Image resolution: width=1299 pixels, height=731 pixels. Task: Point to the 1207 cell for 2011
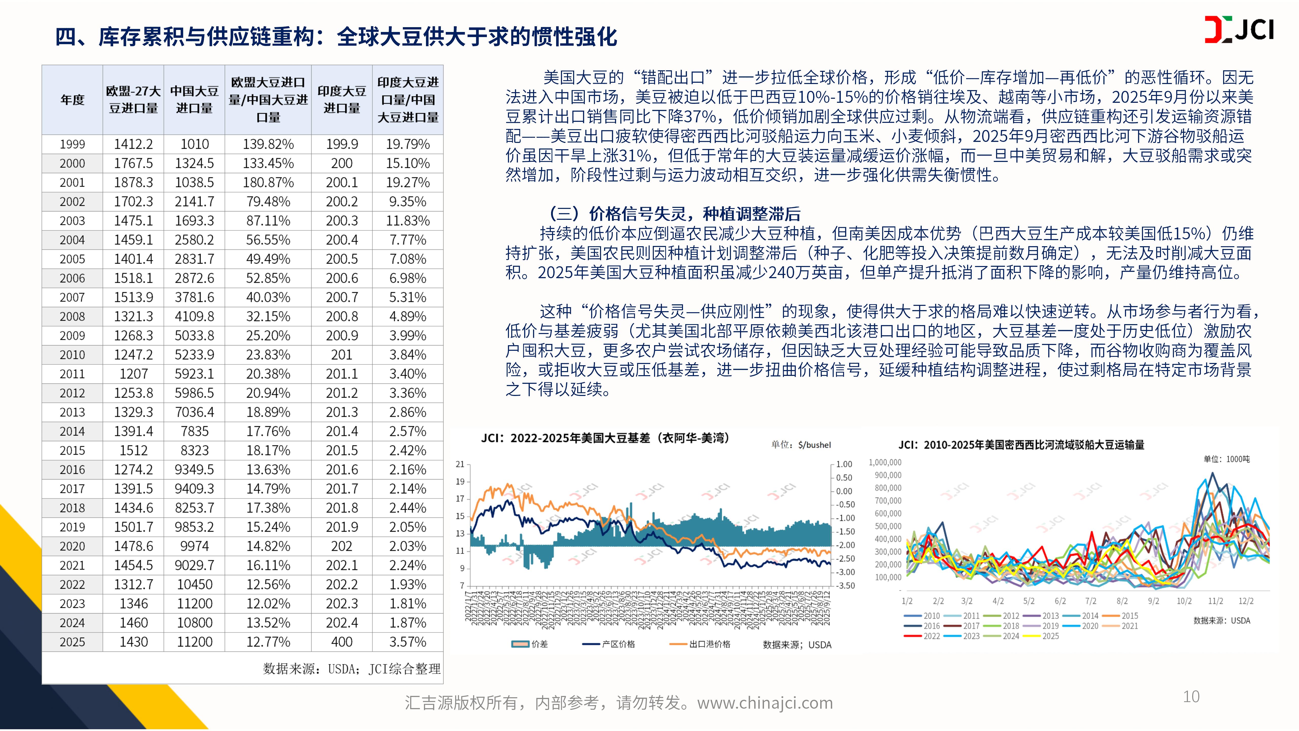pos(134,374)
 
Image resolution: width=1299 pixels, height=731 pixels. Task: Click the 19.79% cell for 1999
pos(407,144)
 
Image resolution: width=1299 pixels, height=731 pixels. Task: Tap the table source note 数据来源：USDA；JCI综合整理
pos(351,669)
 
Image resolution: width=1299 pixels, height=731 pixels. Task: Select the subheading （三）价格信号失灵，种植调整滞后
pos(674,214)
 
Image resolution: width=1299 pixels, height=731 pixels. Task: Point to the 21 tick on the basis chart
pos(460,464)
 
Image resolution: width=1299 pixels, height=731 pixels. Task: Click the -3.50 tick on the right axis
pos(845,586)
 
